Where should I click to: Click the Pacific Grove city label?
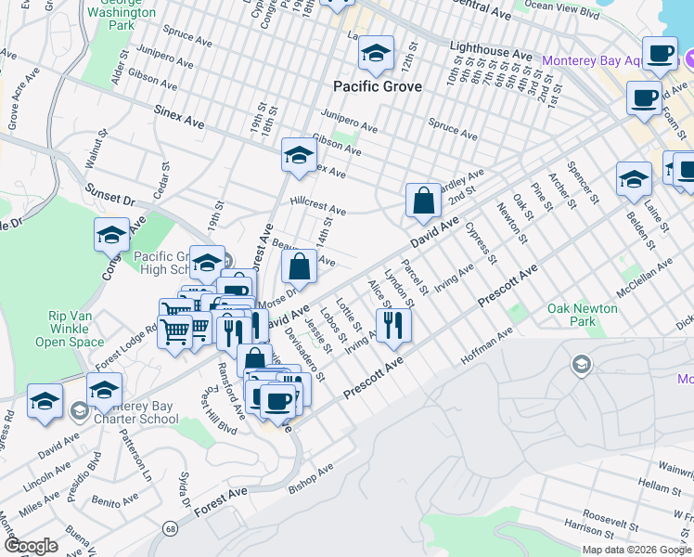point(377,86)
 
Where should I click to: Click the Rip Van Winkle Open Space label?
point(76,329)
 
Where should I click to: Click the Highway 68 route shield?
point(170,529)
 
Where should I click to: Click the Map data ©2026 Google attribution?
point(636,550)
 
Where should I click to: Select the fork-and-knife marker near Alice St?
point(392,324)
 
